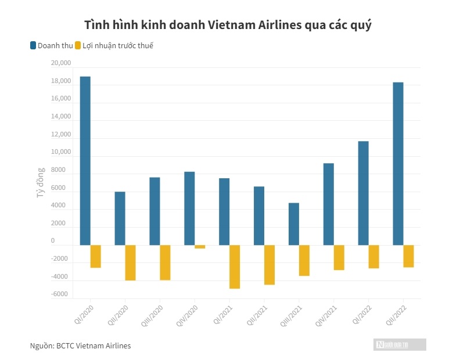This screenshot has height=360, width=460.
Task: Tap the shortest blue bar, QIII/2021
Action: coord(293,224)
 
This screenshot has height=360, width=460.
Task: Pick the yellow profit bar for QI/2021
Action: coord(235,267)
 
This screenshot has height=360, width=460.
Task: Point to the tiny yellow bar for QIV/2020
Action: coord(200,247)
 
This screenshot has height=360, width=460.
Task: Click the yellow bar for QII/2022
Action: coord(409,256)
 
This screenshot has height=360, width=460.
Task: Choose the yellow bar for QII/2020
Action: coord(130,262)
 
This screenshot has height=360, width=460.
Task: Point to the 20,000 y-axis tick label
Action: coord(61,63)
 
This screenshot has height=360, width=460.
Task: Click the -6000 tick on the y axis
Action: coord(60,294)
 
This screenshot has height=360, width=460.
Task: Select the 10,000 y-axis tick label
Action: coord(61,152)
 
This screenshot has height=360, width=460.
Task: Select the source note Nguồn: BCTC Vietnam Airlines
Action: coord(80,345)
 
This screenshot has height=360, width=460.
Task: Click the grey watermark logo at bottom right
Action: coord(400,345)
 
